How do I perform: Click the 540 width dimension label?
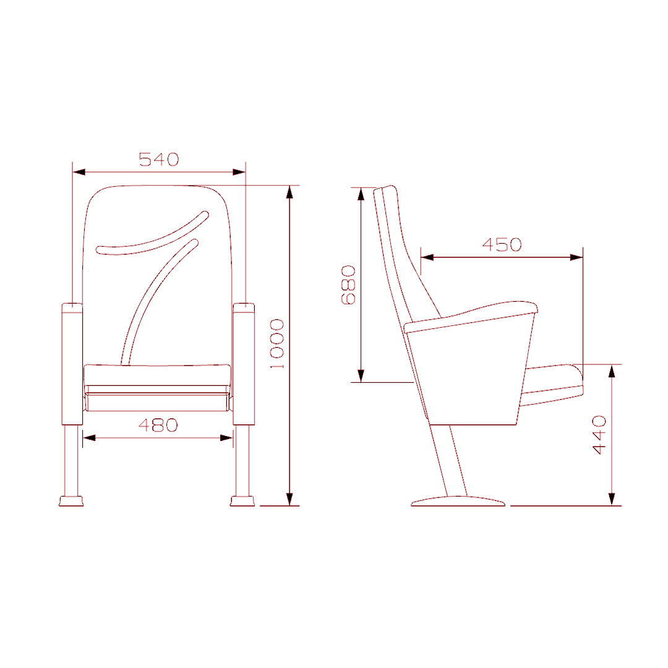(x=158, y=160)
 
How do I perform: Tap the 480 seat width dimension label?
(x=158, y=425)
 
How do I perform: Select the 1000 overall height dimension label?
(x=277, y=344)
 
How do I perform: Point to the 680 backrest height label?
(x=348, y=285)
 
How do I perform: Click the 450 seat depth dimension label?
(x=502, y=244)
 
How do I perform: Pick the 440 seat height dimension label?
(x=599, y=435)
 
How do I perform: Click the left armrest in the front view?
(x=72, y=364)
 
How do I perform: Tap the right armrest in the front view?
(x=244, y=364)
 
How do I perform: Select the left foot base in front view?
(x=71, y=501)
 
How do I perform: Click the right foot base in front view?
(x=242, y=501)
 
